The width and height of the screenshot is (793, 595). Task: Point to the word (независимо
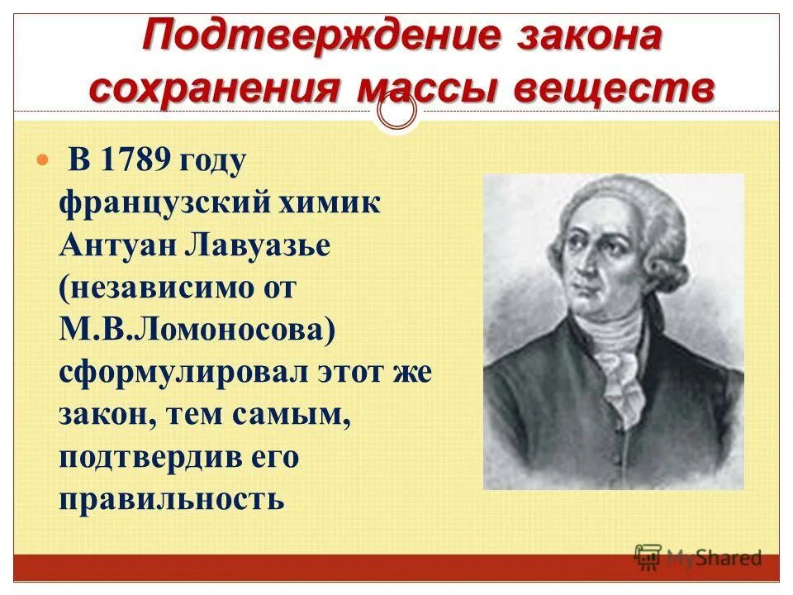point(166,288)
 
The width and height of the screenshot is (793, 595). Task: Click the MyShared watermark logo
point(698,557)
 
